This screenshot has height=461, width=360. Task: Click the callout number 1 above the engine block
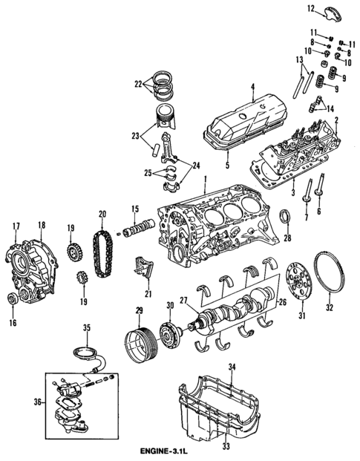203,180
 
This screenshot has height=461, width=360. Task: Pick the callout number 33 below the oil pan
227,447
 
